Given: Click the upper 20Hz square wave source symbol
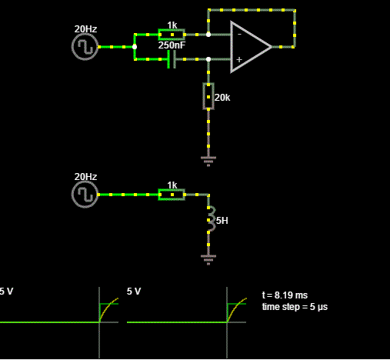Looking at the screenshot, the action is (85, 47).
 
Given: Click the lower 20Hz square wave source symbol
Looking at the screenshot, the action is (85, 195).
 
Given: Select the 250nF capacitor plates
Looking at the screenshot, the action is (172, 59).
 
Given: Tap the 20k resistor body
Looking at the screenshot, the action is (208, 96).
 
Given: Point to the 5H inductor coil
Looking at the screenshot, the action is (211, 220).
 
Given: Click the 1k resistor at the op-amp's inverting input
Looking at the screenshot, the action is (172, 35).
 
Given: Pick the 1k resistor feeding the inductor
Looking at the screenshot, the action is (172, 195).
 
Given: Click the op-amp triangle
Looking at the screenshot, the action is (251, 47).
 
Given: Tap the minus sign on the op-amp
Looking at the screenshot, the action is (239, 34).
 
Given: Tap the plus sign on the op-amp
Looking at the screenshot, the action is (239, 59).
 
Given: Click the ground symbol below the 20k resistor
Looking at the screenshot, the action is (208, 162).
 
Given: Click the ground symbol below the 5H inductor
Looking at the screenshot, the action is (208, 260).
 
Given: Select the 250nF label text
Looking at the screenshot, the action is (172, 45).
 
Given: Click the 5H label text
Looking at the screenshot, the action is (222, 221).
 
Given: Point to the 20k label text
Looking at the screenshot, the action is (222, 98).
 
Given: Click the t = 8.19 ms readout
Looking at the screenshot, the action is (285, 295).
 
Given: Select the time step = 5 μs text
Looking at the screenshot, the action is (295, 307).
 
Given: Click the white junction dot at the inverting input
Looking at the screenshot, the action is (208, 35).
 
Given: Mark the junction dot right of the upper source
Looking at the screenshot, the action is (135, 47).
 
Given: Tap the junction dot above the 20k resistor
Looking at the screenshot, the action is (208, 59).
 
